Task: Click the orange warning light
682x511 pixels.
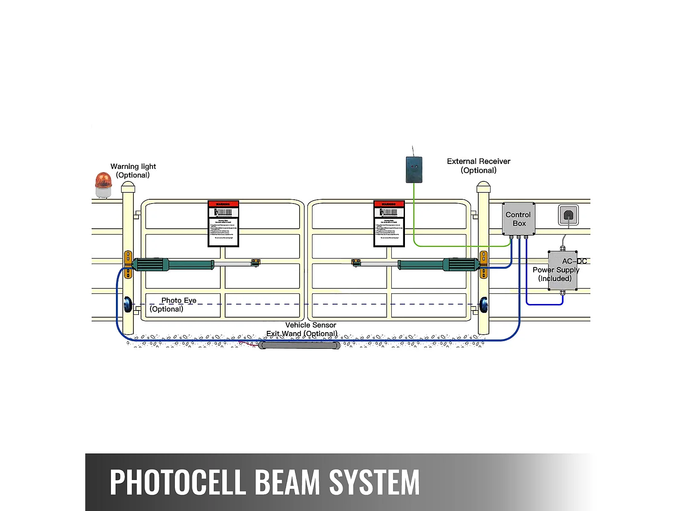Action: (x=103, y=184)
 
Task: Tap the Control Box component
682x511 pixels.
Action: (x=518, y=219)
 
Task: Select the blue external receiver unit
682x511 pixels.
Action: (x=414, y=169)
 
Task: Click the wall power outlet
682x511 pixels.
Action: (x=568, y=215)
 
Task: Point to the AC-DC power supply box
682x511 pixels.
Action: (x=562, y=271)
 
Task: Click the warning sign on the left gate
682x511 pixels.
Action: (x=223, y=224)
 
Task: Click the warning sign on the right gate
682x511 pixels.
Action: (x=389, y=224)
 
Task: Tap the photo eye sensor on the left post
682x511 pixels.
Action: (x=128, y=304)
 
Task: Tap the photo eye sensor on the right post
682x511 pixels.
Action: (x=484, y=304)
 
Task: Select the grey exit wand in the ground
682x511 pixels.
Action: (x=299, y=345)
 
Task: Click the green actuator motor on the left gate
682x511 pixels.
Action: (x=173, y=264)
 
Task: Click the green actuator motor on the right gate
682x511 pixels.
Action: (x=439, y=265)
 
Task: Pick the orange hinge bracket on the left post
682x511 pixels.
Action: (x=128, y=264)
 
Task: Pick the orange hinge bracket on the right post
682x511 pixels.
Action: (x=484, y=264)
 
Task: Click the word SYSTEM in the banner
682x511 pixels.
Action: (x=374, y=482)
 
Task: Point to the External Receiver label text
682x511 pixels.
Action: (x=478, y=161)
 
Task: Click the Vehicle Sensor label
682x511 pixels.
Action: (x=310, y=325)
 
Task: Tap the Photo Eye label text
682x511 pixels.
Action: (x=179, y=300)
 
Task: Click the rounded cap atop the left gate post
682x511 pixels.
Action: (x=128, y=187)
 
